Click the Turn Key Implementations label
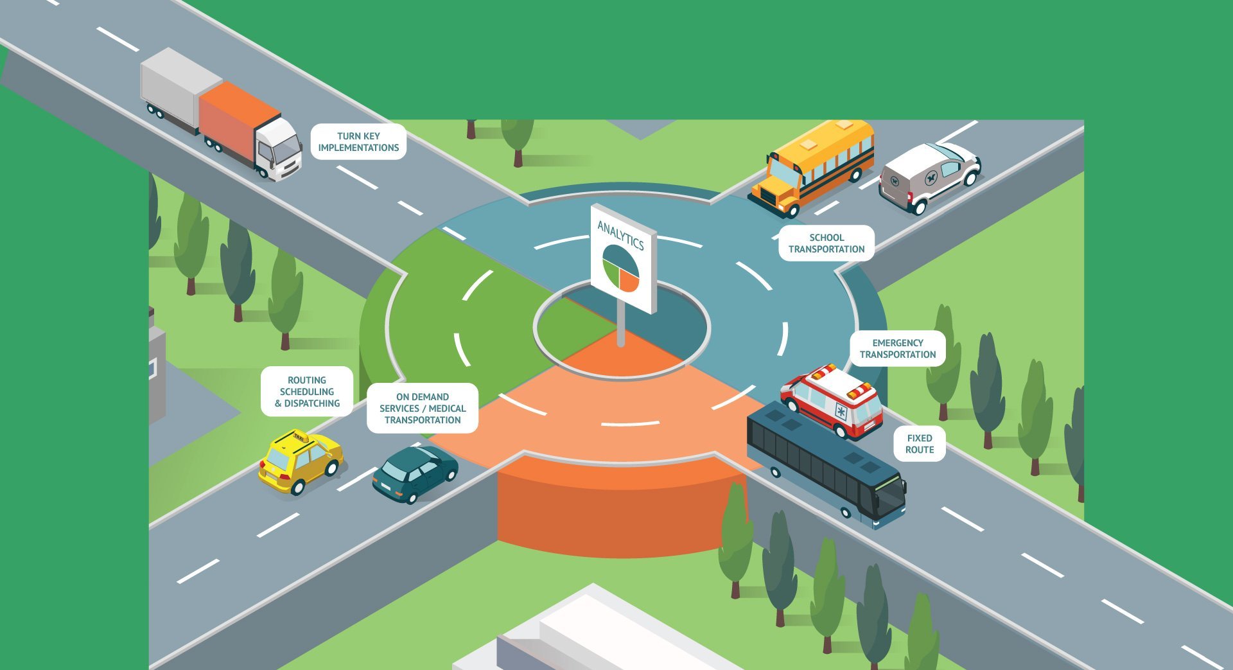pyautogui.click(x=358, y=142)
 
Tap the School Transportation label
pyautogui.click(x=826, y=243)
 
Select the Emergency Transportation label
pyautogui.click(x=898, y=349)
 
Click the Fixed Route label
pyautogui.click(x=920, y=444)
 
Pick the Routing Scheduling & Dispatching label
pyautogui.click(x=307, y=392)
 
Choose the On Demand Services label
pyautogui.click(x=423, y=409)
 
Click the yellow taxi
pyautogui.click(x=300, y=461)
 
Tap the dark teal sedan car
pyautogui.click(x=415, y=473)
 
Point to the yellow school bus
pyautogui.click(x=812, y=166)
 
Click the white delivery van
pyautogui.click(x=929, y=176)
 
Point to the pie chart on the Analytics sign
pyautogui.click(x=620, y=268)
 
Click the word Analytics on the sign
pyautogui.click(x=620, y=235)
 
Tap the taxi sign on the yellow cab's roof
pyautogui.click(x=300, y=437)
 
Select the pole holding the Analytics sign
pyautogui.click(x=621, y=324)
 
